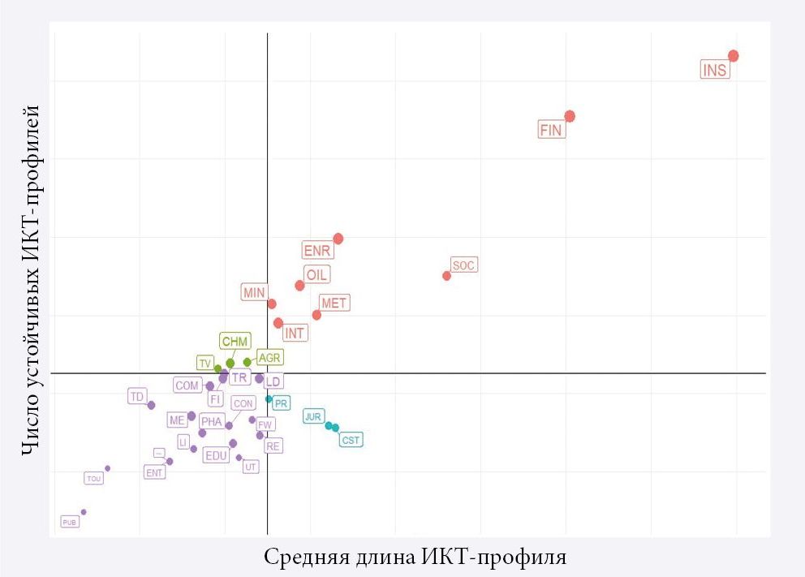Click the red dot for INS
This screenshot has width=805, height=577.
point(733,56)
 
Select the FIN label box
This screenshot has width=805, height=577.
point(550,129)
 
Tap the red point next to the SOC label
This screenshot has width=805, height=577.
point(446,276)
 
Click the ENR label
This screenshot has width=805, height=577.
point(316,250)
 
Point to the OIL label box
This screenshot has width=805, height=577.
point(316,275)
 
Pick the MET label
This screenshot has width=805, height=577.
point(334,304)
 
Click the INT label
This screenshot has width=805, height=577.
point(295,333)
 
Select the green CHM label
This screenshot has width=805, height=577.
point(235,342)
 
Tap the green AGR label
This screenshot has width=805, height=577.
point(269,357)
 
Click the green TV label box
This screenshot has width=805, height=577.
point(205,363)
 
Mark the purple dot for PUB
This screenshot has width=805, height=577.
point(84,512)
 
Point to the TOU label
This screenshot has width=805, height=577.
point(94,479)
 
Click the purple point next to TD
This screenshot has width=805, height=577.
point(151,405)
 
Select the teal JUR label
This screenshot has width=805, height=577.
point(312,416)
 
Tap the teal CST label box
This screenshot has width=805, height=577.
point(351,440)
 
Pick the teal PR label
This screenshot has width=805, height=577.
point(281,403)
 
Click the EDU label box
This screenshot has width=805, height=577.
point(216,455)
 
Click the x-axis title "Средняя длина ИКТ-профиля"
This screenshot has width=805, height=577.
point(415,558)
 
